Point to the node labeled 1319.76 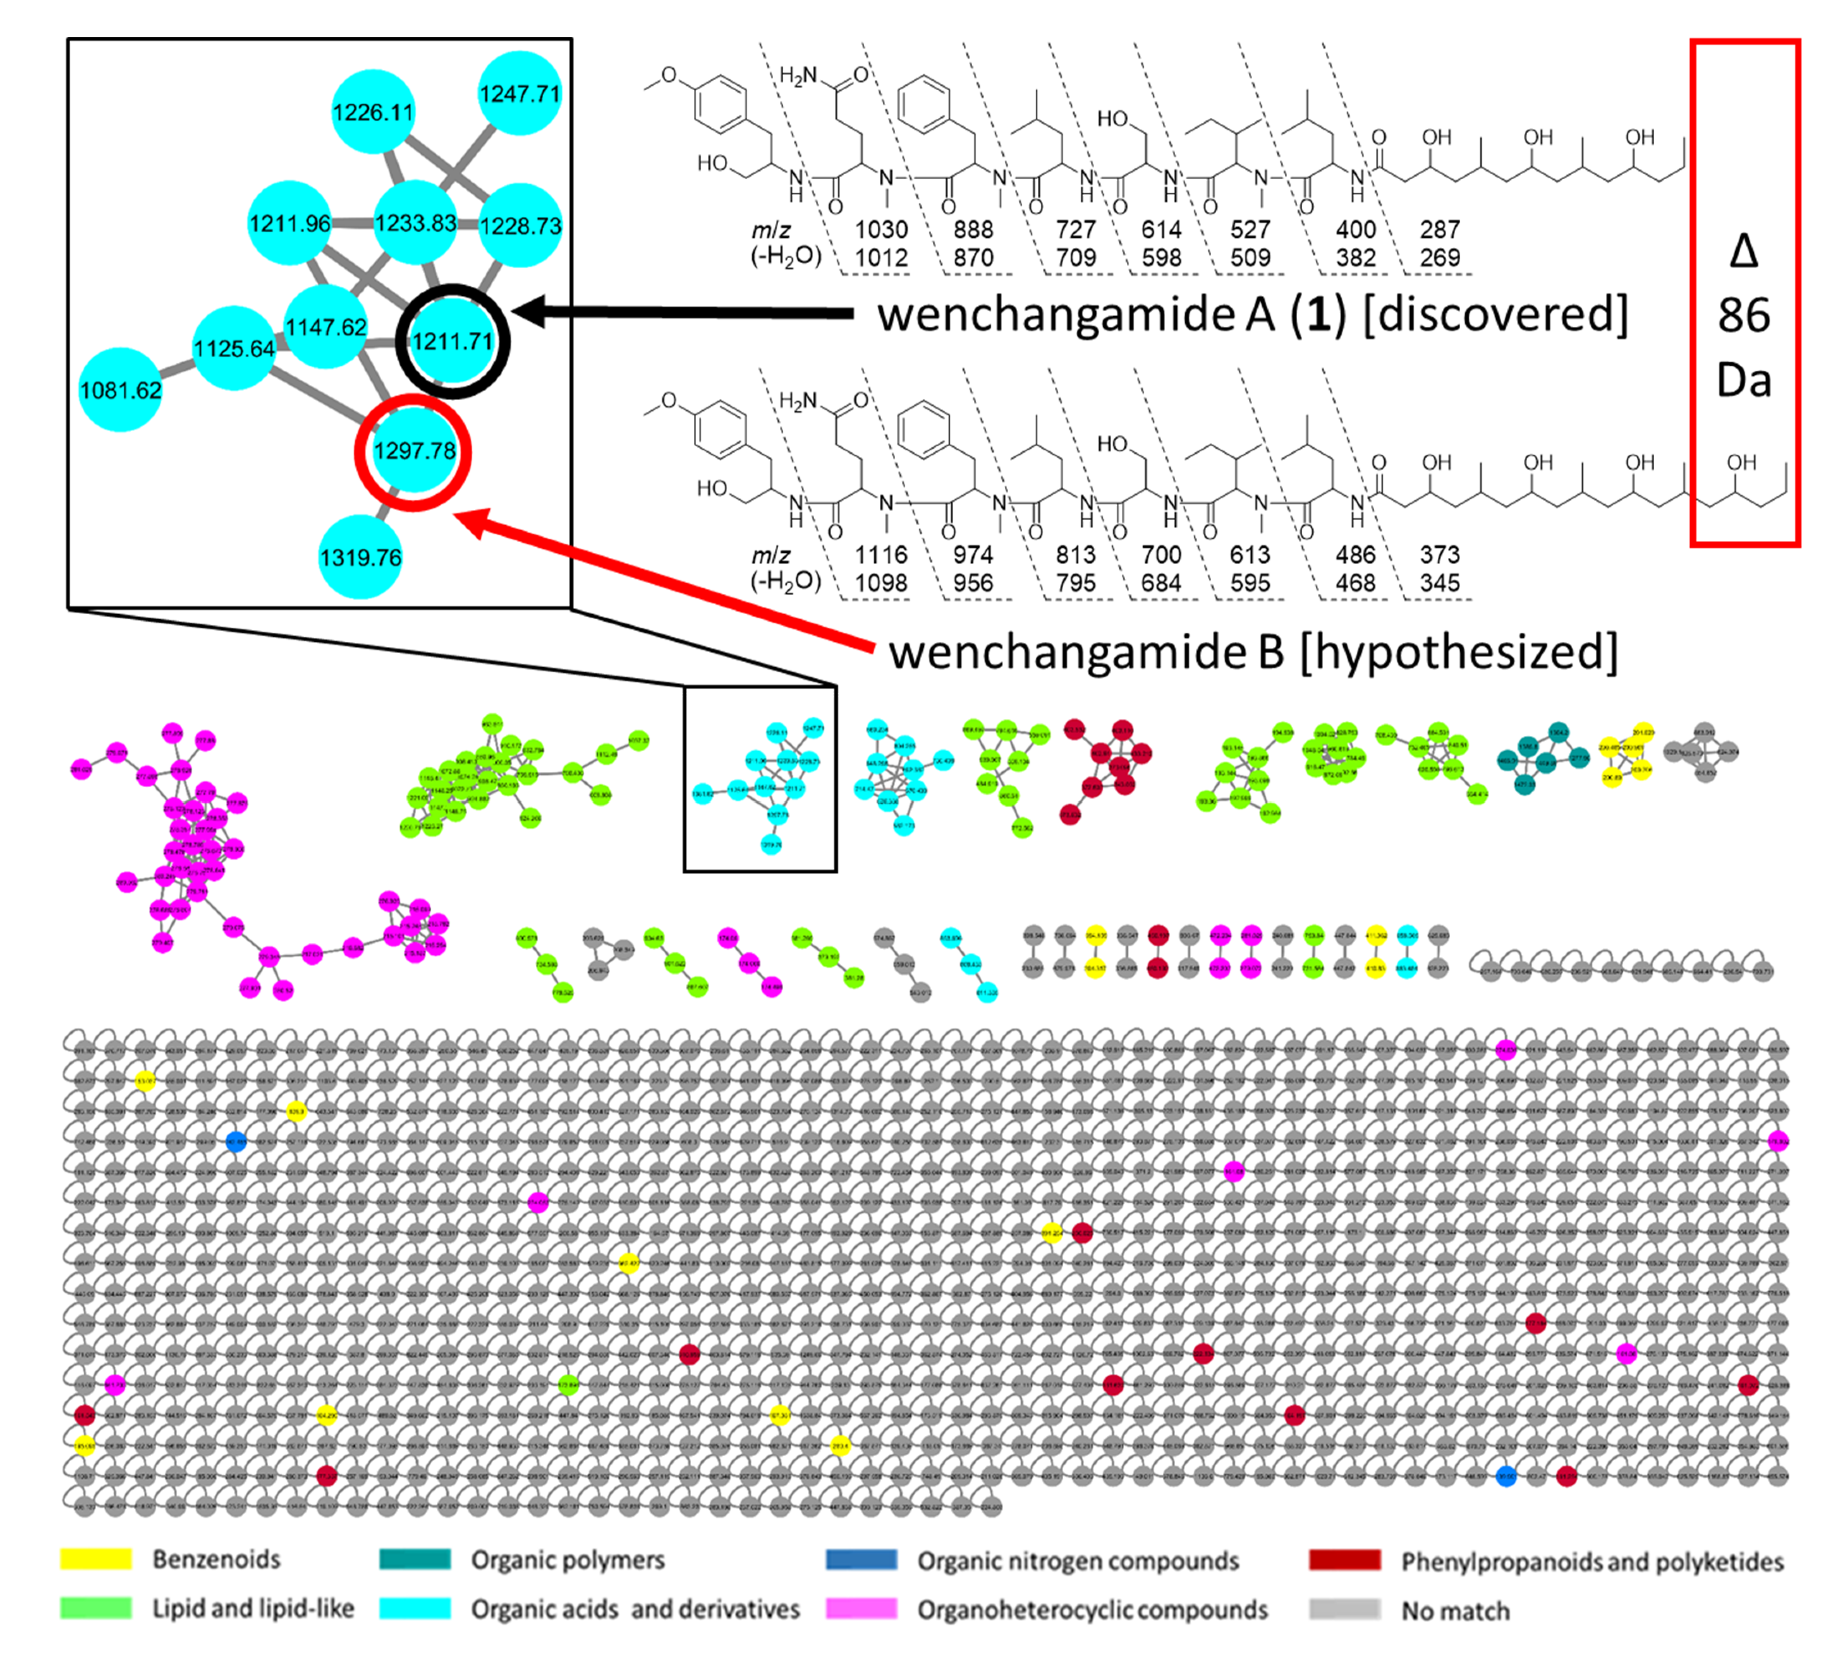(361, 557)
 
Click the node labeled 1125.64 (234, 348)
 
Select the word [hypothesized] (1458, 652)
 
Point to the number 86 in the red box (1744, 315)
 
